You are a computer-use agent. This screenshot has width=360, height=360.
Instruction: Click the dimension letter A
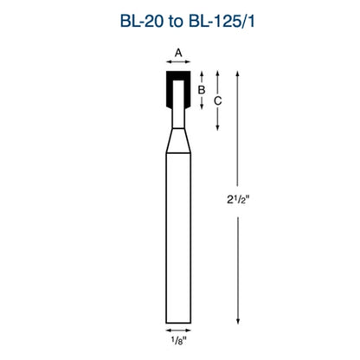click(x=178, y=53)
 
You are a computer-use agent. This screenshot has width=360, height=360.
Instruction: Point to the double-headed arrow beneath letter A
click(x=178, y=64)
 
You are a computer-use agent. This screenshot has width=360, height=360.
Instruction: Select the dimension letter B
click(x=202, y=89)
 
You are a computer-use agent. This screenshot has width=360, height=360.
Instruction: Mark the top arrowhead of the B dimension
click(x=202, y=75)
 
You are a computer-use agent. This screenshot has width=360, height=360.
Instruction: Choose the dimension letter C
click(x=218, y=100)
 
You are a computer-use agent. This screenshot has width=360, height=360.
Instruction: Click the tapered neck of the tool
click(x=178, y=140)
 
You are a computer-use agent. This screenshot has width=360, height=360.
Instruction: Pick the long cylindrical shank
click(x=178, y=234)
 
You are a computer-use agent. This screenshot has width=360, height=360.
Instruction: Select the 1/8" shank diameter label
click(x=178, y=343)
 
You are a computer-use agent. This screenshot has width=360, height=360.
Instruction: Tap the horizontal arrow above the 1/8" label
click(x=178, y=331)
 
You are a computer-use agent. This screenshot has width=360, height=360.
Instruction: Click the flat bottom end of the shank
click(x=178, y=320)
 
